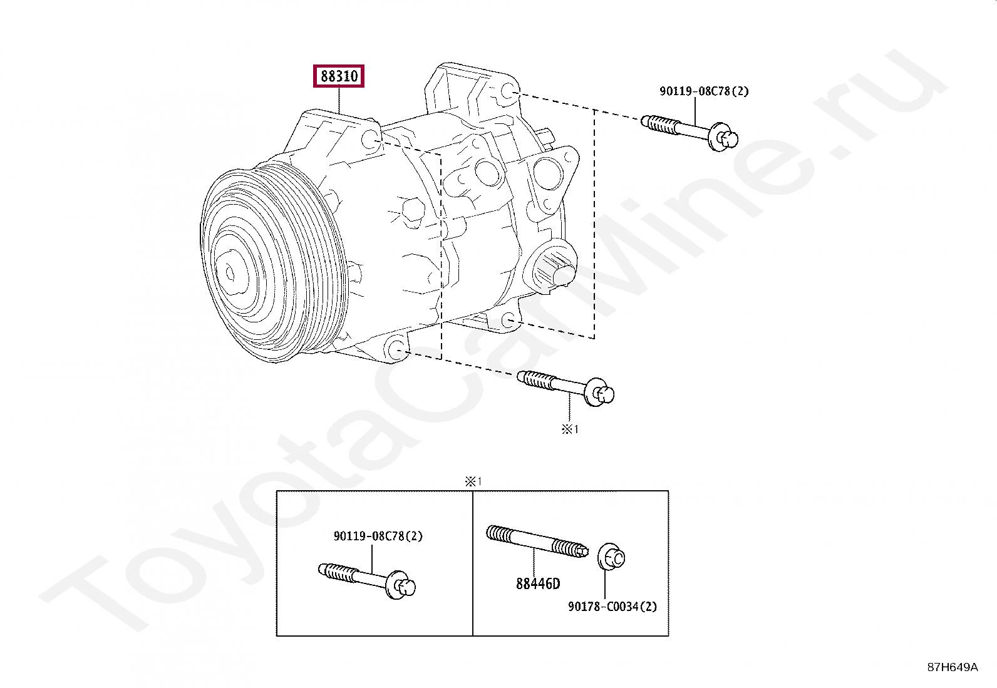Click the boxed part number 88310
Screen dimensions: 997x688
[x=339, y=76]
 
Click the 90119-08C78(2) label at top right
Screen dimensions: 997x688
[x=704, y=91]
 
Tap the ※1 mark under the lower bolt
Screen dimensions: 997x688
[x=570, y=429]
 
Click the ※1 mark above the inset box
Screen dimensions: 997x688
[x=473, y=481]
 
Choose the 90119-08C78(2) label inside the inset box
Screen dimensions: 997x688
[x=378, y=536]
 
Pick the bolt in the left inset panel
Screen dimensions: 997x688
[x=367, y=581]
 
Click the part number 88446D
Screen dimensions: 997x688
[x=538, y=583]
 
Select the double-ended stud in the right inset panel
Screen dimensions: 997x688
[x=537, y=541]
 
